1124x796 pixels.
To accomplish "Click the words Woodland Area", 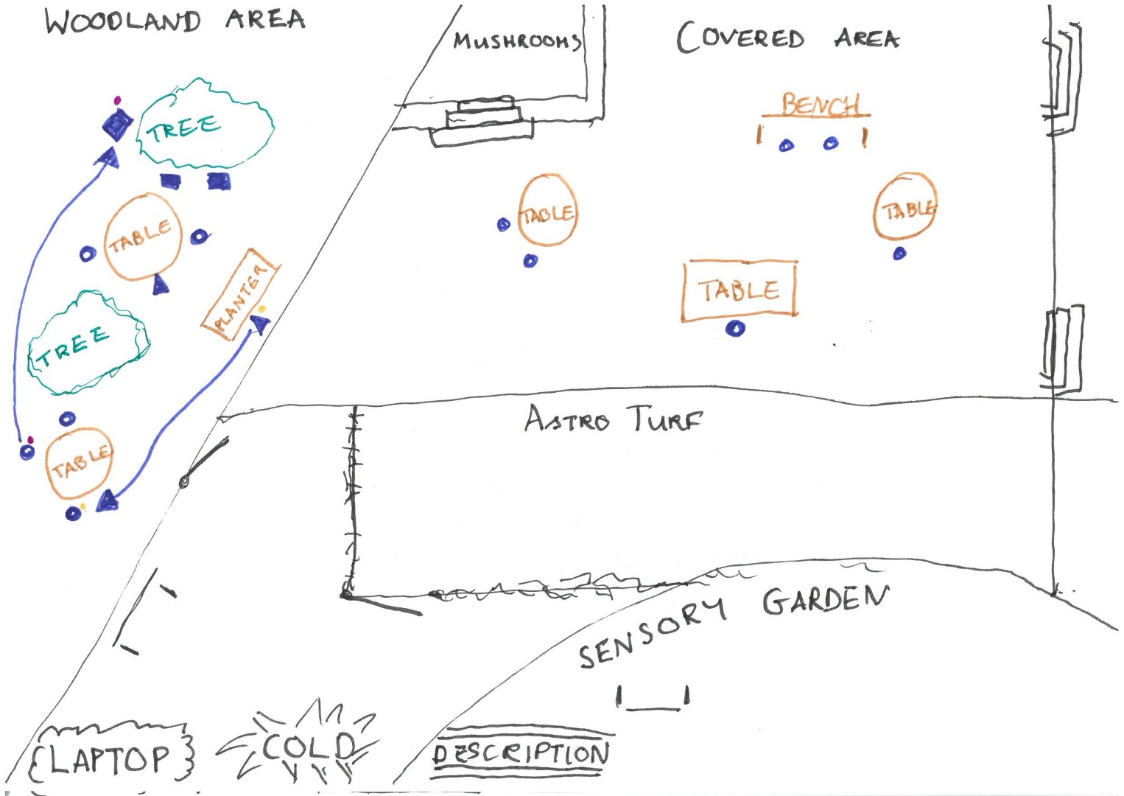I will [175, 20].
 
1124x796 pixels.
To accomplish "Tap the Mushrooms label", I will [517, 41].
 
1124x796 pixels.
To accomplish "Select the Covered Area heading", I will [787, 38].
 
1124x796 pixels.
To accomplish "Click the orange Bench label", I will [819, 105].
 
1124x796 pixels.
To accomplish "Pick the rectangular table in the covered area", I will [740, 290].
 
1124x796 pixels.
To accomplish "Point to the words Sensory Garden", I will [733, 624].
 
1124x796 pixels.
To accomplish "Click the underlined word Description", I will [521, 753].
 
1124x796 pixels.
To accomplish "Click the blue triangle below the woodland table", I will [161, 284].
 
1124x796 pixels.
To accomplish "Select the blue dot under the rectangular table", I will [735, 329].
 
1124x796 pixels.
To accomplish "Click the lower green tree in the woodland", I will [87, 343].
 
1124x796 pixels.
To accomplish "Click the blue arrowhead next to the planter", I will [259, 323].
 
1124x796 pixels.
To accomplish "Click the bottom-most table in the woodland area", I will [79, 464].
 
